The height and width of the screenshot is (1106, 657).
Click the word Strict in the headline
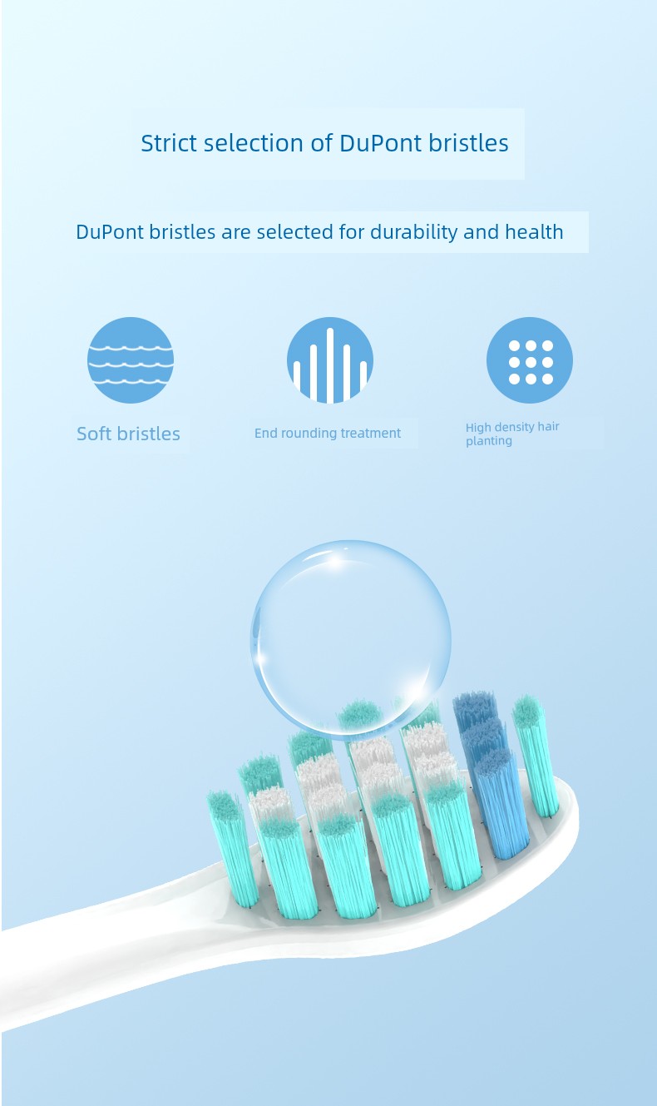[x=169, y=143]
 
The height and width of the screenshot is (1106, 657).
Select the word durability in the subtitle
[x=414, y=232]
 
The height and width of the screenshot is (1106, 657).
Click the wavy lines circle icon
[x=131, y=360]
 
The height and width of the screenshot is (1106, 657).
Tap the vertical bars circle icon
[x=330, y=360]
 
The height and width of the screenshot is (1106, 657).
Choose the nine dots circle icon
[x=530, y=360]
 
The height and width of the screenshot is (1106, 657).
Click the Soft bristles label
[x=128, y=434]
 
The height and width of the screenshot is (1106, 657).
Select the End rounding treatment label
[x=328, y=433]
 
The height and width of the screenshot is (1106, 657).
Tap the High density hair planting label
[x=512, y=434]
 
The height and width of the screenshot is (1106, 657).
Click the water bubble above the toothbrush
[x=351, y=640]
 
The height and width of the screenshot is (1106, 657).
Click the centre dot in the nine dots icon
[x=531, y=362]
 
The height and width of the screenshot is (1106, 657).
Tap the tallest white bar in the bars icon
[x=330, y=365]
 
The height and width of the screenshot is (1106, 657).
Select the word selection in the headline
[x=254, y=143]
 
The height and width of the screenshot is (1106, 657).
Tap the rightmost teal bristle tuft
[x=536, y=756]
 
